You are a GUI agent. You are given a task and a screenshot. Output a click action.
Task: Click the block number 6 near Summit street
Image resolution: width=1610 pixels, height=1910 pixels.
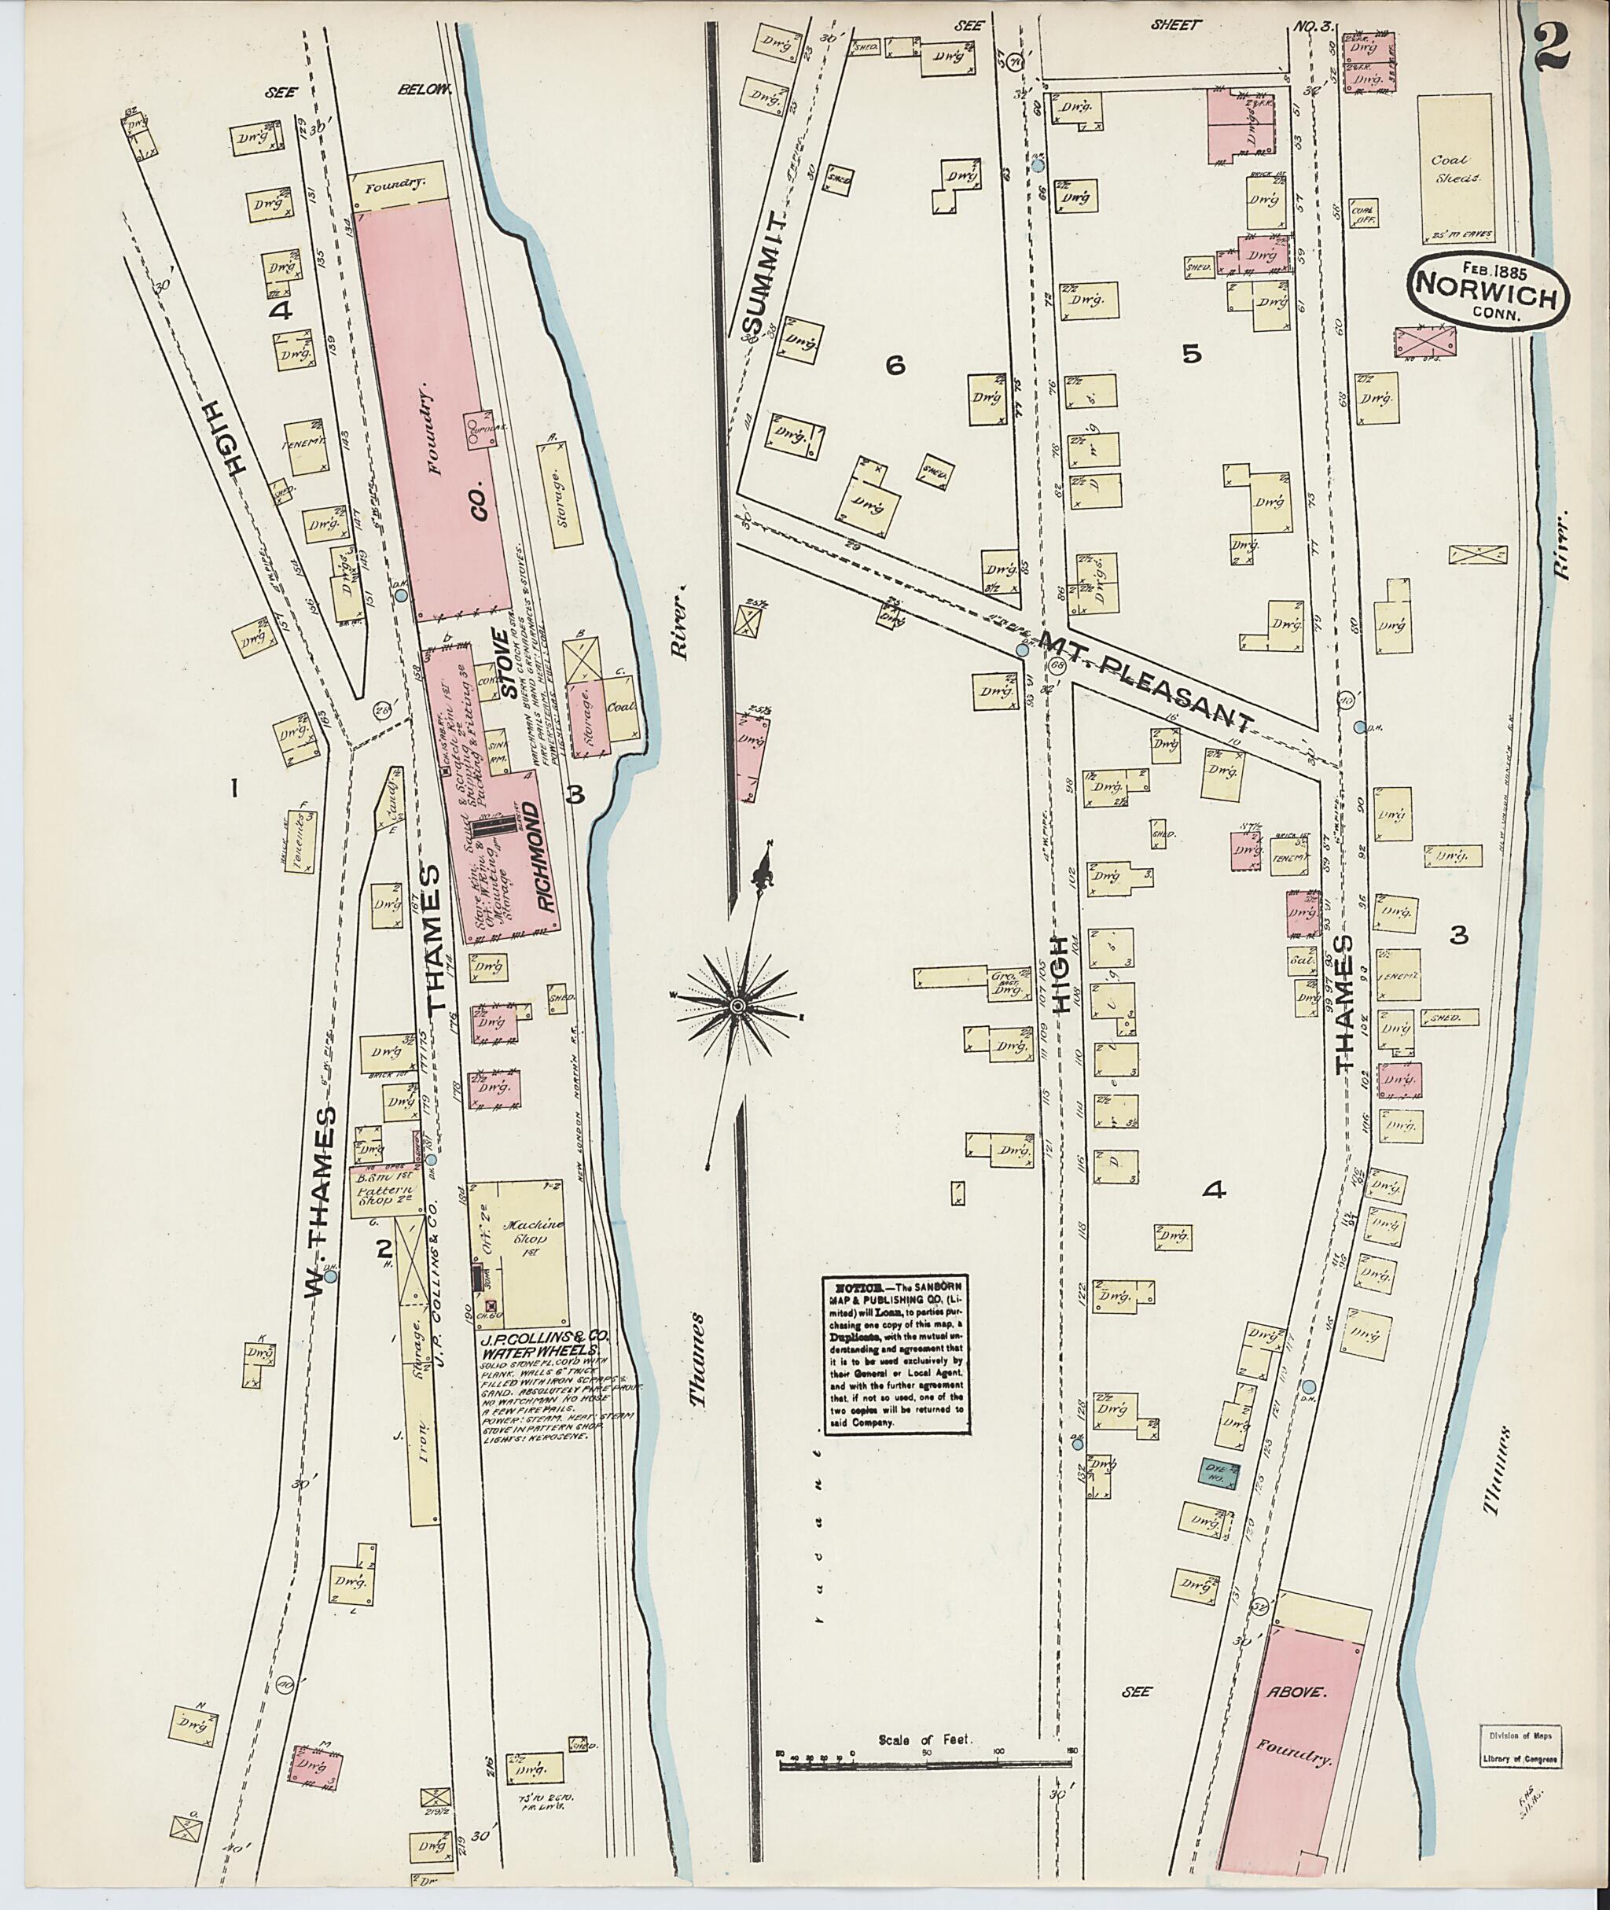pos(894,365)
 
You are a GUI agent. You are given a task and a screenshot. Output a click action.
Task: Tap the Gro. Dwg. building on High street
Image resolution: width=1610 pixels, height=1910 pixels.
pos(1003,982)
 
